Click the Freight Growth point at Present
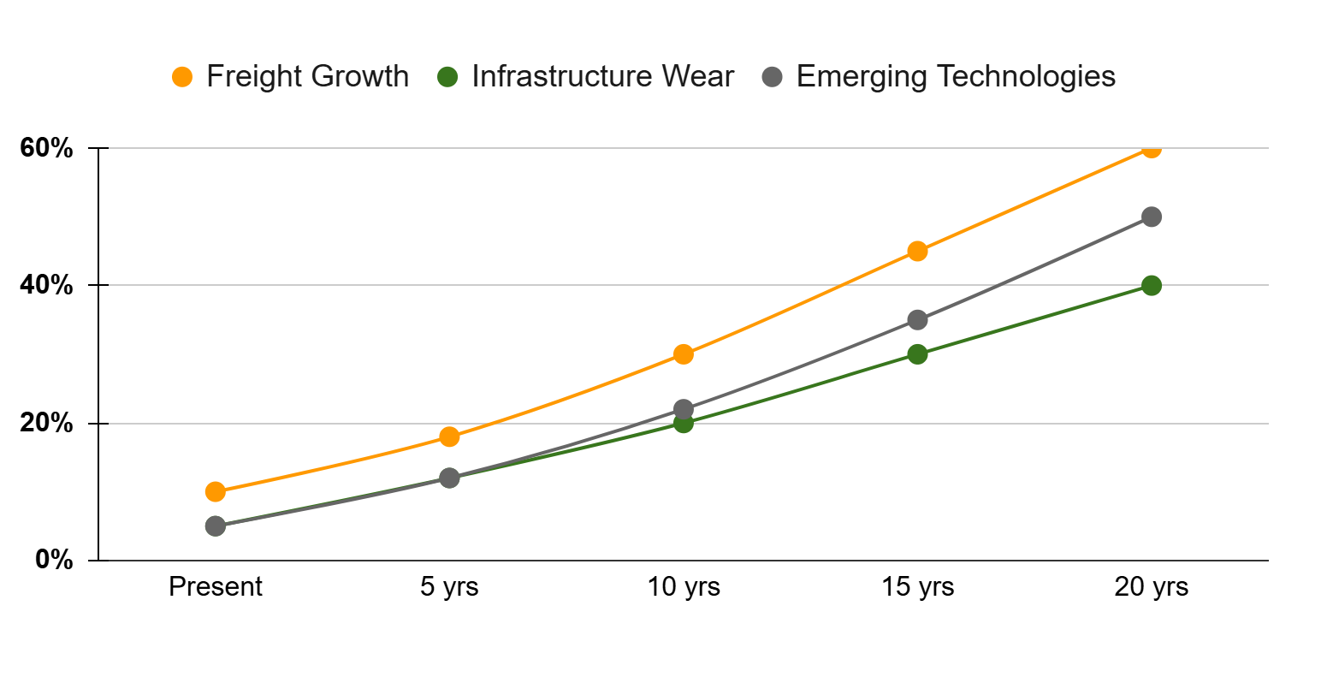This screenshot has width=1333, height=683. tap(216, 491)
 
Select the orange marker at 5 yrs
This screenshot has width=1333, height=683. tap(449, 437)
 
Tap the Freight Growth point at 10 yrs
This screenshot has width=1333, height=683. tap(683, 354)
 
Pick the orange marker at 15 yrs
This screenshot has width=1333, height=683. tap(917, 251)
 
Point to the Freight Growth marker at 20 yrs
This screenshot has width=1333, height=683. tap(1151, 149)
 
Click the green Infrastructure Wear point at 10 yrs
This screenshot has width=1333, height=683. tap(683, 423)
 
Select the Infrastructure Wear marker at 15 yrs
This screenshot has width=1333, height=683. tap(917, 354)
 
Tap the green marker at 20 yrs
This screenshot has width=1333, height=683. tap(1151, 285)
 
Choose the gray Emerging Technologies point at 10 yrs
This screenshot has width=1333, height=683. tap(683, 409)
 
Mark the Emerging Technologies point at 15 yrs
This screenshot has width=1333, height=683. tap(917, 320)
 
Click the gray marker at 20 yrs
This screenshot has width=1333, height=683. tap(1151, 217)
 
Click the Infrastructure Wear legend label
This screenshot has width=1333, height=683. tap(602, 76)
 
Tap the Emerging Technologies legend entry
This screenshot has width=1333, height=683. tap(955, 76)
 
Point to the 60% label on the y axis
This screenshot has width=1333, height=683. tap(46, 148)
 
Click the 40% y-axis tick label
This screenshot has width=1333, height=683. tap(46, 285)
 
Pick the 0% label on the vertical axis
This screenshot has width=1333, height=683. tap(54, 560)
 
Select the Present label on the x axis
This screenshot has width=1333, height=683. tap(216, 587)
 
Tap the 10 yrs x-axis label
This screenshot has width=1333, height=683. tap(684, 587)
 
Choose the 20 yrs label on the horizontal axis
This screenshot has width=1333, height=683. tap(1151, 587)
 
